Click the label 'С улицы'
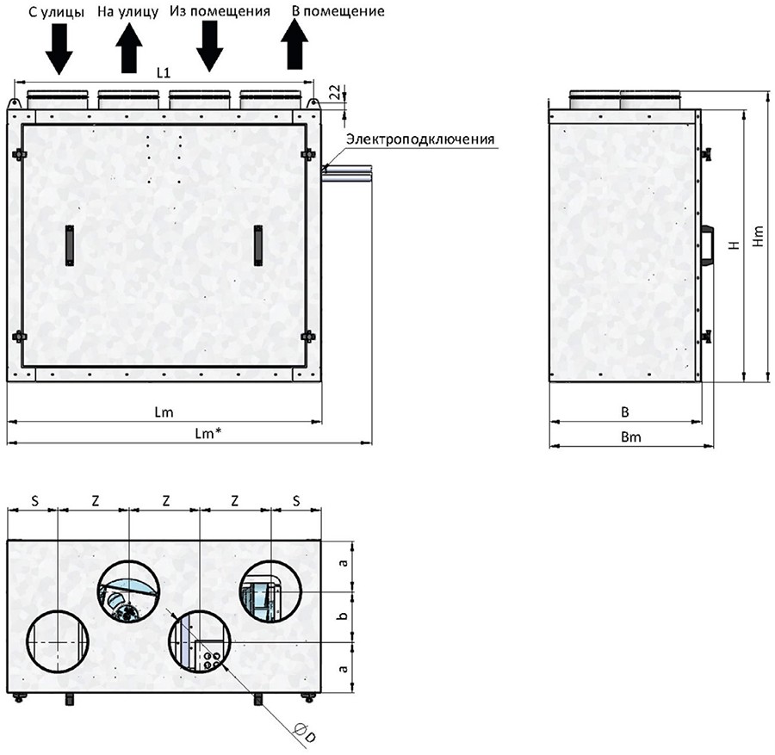pos(56,12)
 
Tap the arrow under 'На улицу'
pos(129,49)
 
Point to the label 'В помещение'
pos(338,11)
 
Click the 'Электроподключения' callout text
pos(420,139)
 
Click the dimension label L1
pos(164,73)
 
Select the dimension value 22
pos(335,92)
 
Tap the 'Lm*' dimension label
pos(208,434)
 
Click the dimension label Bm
pos(631,437)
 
